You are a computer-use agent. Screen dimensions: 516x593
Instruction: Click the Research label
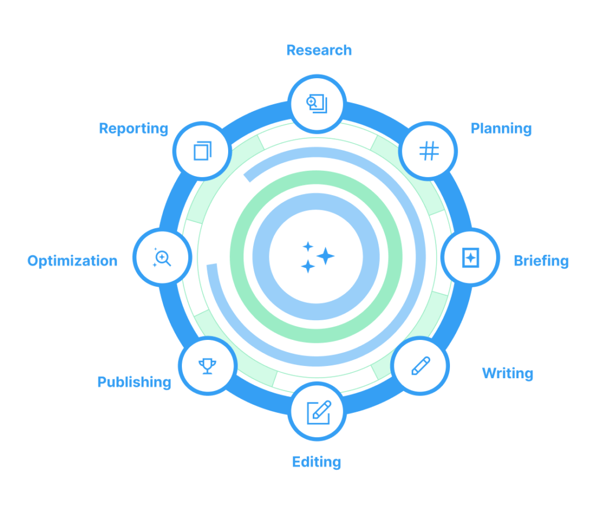coord(319,50)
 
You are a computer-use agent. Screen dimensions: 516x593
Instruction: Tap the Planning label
coord(501,128)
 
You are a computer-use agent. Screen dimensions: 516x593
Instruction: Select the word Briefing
coord(541,261)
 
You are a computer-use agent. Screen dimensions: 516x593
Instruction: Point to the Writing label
coord(507,373)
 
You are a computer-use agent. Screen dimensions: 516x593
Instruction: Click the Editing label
coord(316,462)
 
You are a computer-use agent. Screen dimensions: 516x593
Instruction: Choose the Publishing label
coord(134,382)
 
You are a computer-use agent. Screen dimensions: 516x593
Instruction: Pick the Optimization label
coord(72,261)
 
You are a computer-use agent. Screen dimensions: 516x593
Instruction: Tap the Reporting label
coord(134,128)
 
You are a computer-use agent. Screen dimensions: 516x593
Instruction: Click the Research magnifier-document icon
coord(317,104)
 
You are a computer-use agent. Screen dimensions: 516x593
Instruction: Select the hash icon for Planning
coord(429,151)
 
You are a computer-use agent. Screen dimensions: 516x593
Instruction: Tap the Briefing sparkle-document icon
coord(471,258)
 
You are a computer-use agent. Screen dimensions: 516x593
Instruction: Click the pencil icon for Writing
coord(420,366)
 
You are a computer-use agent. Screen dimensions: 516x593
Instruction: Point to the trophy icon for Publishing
coord(207,365)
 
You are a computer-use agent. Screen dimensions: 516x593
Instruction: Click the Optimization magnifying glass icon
coord(162,257)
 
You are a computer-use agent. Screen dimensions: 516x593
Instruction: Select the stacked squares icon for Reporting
coord(202,151)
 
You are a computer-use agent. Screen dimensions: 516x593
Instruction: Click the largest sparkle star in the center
coord(325,256)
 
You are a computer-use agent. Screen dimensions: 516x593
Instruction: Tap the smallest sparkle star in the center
coord(308,247)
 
